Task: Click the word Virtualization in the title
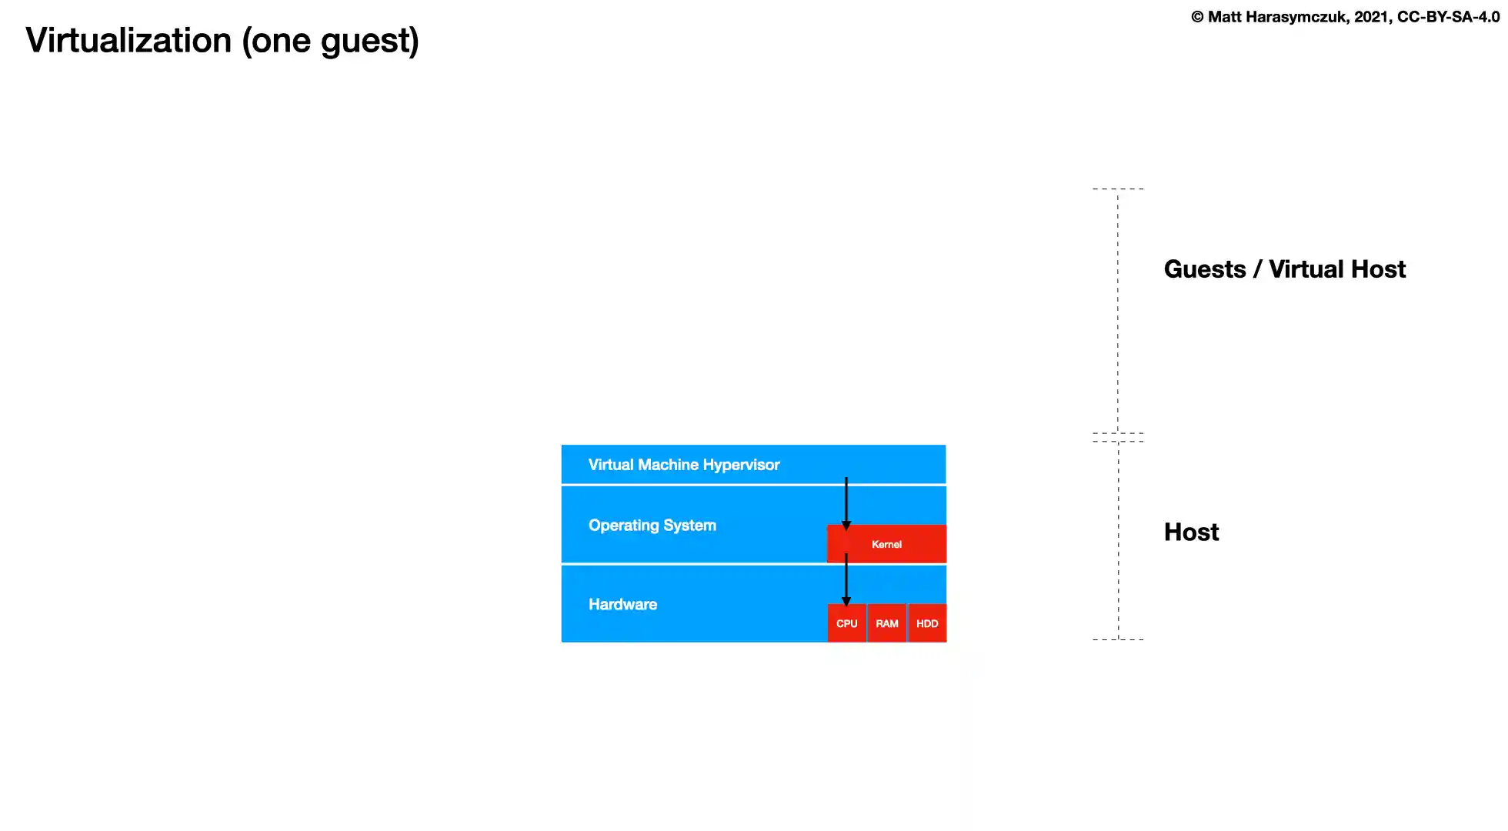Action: [128, 40]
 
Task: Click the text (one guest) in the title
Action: [331, 41]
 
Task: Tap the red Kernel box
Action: [886, 544]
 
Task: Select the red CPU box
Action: [846, 623]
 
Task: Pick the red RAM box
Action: [887, 623]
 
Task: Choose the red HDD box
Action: [927, 623]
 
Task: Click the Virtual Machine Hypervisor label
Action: [683, 465]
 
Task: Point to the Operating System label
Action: [652, 526]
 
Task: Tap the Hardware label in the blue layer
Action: [622, 605]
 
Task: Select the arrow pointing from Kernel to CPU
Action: [846, 579]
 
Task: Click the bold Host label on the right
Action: [1191, 532]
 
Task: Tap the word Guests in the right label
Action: [1205, 269]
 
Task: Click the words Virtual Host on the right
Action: [1336, 269]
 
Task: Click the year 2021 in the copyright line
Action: [1372, 17]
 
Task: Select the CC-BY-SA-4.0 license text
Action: [1448, 17]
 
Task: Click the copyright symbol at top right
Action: [1197, 17]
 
